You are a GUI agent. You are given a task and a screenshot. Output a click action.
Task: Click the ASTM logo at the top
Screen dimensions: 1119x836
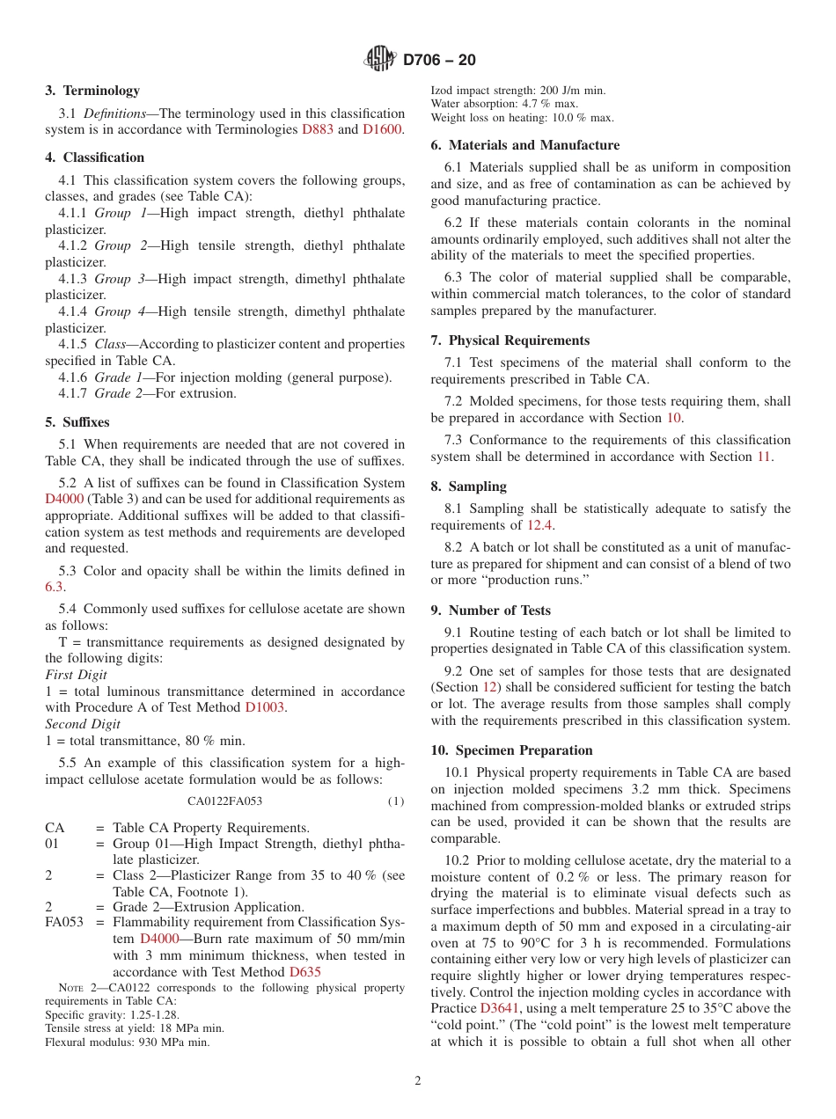[380, 60]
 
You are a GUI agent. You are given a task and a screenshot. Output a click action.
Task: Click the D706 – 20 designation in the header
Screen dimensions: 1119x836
[439, 60]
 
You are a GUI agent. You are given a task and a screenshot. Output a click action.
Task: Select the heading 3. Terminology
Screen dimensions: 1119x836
[92, 91]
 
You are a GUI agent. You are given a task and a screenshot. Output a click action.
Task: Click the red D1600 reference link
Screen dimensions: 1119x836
[382, 129]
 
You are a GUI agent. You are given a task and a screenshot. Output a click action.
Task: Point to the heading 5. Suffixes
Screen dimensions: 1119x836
[77, 422]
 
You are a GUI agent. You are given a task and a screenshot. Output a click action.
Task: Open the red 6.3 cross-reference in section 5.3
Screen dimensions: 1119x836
[54, 587]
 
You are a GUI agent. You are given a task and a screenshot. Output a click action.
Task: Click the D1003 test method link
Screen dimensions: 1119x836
[264, 707]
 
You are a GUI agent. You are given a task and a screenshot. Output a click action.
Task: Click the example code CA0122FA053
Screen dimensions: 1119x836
[224, 801]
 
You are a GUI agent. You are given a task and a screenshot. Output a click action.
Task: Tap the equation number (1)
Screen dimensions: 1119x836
[395, 801]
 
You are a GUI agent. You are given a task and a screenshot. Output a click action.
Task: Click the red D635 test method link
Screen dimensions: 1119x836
[304, 972]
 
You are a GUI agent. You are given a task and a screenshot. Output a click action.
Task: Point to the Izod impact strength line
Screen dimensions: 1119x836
[517, 91]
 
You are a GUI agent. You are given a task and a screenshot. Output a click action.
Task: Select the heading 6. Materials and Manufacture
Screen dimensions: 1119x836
[524, 145]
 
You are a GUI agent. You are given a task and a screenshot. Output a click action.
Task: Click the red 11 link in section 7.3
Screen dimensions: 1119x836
[764, 457]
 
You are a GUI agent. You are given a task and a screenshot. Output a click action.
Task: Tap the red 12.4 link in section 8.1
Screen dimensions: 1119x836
[539, 525]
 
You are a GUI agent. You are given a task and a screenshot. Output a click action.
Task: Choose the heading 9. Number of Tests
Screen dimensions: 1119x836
[490, 611]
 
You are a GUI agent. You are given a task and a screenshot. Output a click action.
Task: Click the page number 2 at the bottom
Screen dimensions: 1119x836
[418, 1081]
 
